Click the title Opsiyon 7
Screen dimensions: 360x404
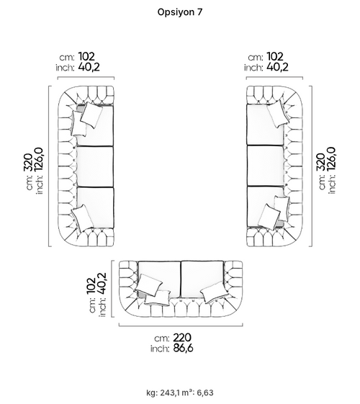click(180, 12)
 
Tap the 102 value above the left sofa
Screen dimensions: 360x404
click(86, 56)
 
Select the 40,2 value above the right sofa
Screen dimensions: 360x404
click(277, 67)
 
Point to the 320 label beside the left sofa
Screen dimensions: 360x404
click(28, 162)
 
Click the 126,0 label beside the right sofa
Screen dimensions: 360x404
click(331, 158)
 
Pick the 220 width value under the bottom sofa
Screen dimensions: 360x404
click(182, 337)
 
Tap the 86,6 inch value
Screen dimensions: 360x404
click(183, 348)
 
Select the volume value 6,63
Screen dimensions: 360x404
click(205, 392)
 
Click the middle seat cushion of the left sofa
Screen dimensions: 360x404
click(95, 166)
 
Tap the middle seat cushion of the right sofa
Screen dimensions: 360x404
click(265, 166)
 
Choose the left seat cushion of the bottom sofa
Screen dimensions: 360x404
click(159, 279)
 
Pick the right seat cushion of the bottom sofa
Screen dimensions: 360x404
click(202, 279)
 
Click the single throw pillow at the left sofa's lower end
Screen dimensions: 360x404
click(82, 218)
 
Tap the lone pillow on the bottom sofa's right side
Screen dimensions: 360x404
click(215, 292)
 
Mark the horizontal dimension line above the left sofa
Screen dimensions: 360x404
click(86, 77)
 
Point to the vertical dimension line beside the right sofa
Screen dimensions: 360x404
click(312, 166)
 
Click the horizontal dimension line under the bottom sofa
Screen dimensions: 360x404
click(181, 326)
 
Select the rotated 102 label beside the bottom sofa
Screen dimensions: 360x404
click(91, 285)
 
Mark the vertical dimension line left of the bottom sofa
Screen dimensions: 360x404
click(112, 289)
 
